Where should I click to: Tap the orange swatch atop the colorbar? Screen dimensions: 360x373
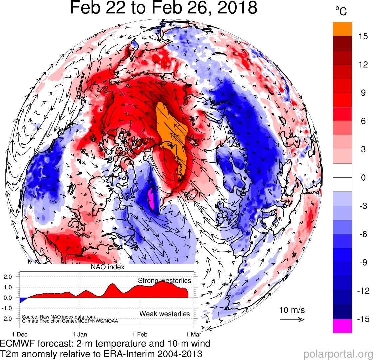point(342,29)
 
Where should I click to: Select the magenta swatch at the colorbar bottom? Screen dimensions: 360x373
point(342,326)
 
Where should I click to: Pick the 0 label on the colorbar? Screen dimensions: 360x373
point(363,178)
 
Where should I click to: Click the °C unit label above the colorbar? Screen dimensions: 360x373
point(341,11)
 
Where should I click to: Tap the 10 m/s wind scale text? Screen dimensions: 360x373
point(292,310)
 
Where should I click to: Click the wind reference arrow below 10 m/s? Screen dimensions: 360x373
point(292,320)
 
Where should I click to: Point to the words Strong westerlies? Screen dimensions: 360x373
point(165,281)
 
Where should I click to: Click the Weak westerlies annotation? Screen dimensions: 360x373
point(165,314)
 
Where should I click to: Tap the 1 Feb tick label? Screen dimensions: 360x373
point(140,333)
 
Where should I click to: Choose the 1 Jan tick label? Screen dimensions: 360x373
point(80,333)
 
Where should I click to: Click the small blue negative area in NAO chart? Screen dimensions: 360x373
point(22,300)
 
